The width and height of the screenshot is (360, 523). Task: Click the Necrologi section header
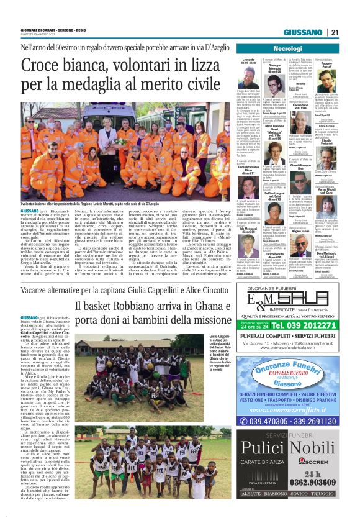click(287, 48)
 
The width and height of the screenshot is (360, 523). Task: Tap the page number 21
click(335, 32)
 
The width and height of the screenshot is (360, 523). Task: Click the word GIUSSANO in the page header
click(304, 33)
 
